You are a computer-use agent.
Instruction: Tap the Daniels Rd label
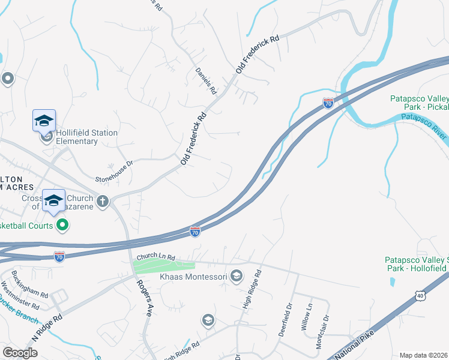coord(206,81)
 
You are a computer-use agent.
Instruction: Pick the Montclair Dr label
coord(322,332)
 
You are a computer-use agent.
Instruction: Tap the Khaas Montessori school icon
coord(237,276)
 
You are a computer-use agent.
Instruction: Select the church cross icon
coord(103,201)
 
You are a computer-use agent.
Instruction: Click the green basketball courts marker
coord(61,226)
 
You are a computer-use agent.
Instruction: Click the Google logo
coord(20,353)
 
